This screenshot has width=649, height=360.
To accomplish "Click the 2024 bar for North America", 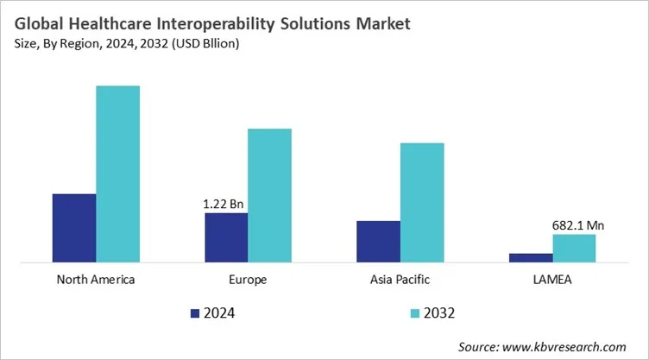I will click(74, 227).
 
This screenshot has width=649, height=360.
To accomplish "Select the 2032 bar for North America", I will click(117, 173).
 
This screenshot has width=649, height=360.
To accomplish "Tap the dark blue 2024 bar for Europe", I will click(226, 237).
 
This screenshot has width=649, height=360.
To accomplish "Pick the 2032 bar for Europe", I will click(269, 194).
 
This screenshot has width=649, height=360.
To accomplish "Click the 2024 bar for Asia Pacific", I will click(378, 240).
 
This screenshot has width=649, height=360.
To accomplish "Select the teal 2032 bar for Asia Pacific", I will click(421, 201).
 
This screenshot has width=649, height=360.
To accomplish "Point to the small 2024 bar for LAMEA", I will click(530, 256).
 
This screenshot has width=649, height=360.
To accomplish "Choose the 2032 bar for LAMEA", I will click(574, 247).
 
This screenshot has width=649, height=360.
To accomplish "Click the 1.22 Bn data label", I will click(224, 205).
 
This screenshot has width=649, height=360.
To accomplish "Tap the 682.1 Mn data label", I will click(577, 225).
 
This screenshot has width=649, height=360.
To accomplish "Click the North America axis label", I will click(95, 280).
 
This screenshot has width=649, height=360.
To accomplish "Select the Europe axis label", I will click(248, 280).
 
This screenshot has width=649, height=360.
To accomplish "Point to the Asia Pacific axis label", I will click(400, 280).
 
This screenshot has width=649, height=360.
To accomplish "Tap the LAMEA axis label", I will click(551, 280).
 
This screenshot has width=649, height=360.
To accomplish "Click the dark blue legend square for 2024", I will click(194, 312).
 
